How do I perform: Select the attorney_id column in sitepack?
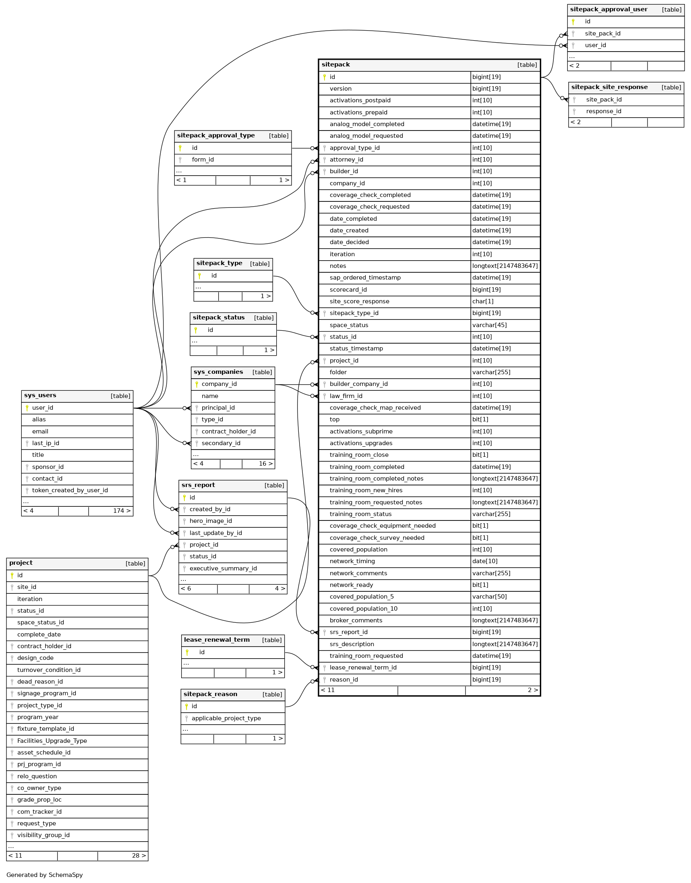pos(346,160)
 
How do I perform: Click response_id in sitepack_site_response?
pos(603,111)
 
